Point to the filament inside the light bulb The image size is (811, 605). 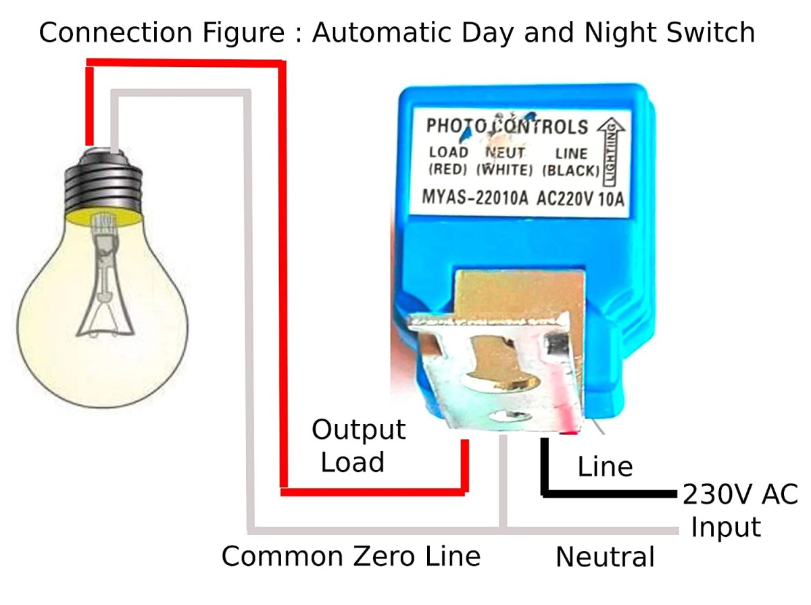pyautogui.click(x=105, y=277)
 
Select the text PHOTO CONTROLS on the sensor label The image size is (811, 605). pyautogui.click(x=507, y=127)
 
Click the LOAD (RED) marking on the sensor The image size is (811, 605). pyautogui.click(x=448, y=161)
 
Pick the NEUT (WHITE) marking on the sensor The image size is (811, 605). pyautogui.click(x=505, y=161)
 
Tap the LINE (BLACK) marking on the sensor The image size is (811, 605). pyautogui.click(x=571, y=163)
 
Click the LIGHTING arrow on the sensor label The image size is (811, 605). pyautogui.click(x=611, y=152)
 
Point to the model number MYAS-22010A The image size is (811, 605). pyautogui.click(x=475, y=197)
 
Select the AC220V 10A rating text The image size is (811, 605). pyautogui.click(x=581, y=199)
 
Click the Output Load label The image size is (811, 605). pyautogui.click(x=358, y=446)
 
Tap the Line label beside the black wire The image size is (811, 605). pyautogui.click(x=605, y=467)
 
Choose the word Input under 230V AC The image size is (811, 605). pyautogui.click(x=726, y=527)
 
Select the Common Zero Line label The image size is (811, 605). pyautogui.click(x=351, y=556)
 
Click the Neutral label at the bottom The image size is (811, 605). pyautogui.click(x=605, y=557)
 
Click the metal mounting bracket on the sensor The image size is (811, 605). pyautogui.click(x=495, y=369)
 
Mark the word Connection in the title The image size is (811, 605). pyautogui.click(x=116, y=32)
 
